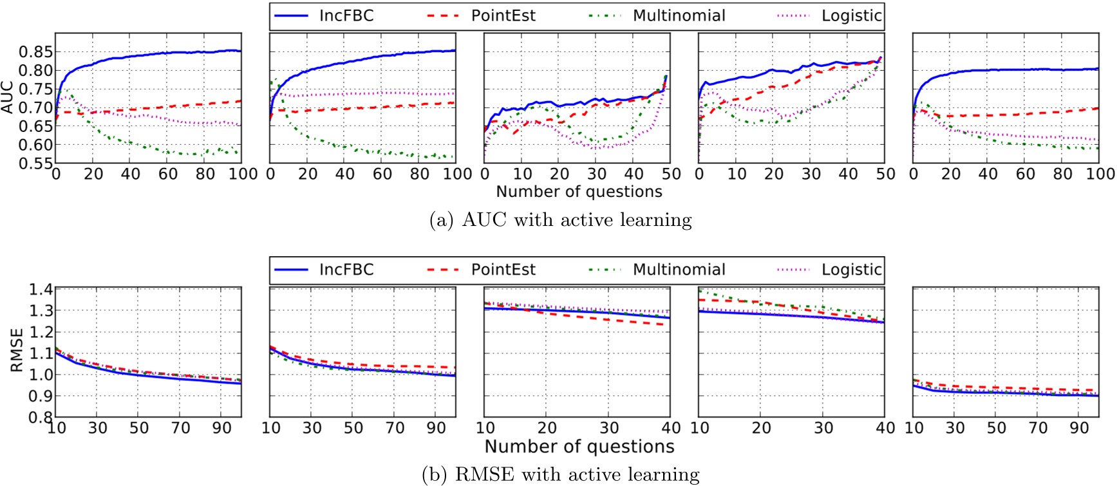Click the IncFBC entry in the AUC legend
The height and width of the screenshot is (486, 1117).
coord(346,16)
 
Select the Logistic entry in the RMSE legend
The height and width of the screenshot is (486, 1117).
coord(851,270)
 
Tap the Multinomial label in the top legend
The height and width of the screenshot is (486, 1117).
coord(679,16)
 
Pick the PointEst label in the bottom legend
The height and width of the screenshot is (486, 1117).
coord(503,270)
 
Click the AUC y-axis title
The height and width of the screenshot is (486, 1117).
coord(8,97)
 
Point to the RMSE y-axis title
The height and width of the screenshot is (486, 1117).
coord(17,350)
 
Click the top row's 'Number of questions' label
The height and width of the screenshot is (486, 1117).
coord(579,192)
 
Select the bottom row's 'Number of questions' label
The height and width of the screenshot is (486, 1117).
coord(579,447)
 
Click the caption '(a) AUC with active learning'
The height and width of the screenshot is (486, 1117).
coord(560,220)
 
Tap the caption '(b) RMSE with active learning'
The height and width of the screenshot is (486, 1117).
coord(560,475)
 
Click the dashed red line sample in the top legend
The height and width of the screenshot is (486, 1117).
coord(442,16)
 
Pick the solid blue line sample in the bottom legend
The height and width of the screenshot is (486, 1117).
coord(290,270)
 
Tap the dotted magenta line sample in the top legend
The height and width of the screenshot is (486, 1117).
coord(793,16)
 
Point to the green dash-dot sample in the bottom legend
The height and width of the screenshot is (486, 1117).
coord(605,270)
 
